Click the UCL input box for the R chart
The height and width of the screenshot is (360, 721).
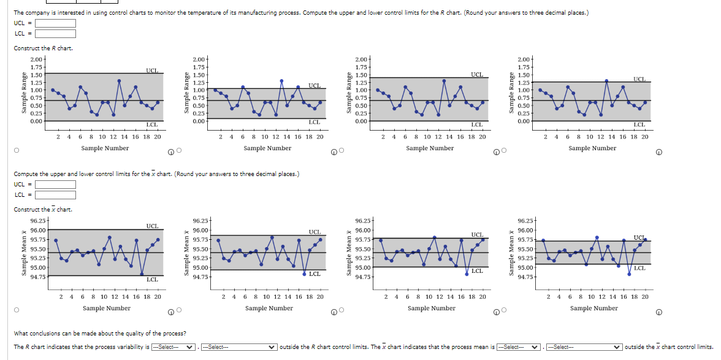[55, 23]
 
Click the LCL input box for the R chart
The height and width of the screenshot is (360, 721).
[55, 33]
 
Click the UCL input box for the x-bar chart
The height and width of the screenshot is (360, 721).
[55, 185]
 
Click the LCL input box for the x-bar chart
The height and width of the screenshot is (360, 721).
[55, 195]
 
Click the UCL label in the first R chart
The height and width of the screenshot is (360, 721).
[151, 71]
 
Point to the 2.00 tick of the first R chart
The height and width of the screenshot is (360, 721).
[35, 58]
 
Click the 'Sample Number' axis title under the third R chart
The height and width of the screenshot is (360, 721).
[430, 148]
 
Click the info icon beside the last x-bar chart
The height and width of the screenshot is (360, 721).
[658, 312]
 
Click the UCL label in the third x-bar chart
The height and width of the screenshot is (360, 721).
[477, 234]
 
